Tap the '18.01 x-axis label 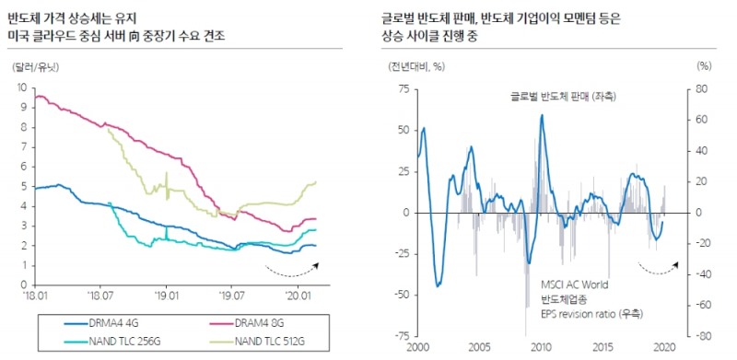(34, 296)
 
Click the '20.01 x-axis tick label (297, 296)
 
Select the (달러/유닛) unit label (36, 67)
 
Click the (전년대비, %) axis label (417, 67)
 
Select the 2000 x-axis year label (417, 349)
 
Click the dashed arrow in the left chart (291, 270)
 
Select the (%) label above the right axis (704, 67)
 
